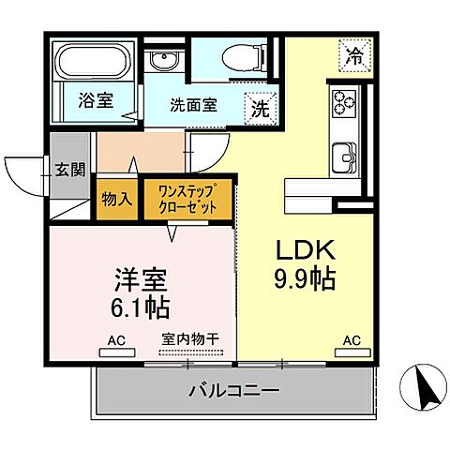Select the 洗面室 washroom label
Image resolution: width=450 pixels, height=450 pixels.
[194, 105]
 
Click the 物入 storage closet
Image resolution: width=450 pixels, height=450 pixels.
[116, 198]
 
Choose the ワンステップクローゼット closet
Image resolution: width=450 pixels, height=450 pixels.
[187, 198]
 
